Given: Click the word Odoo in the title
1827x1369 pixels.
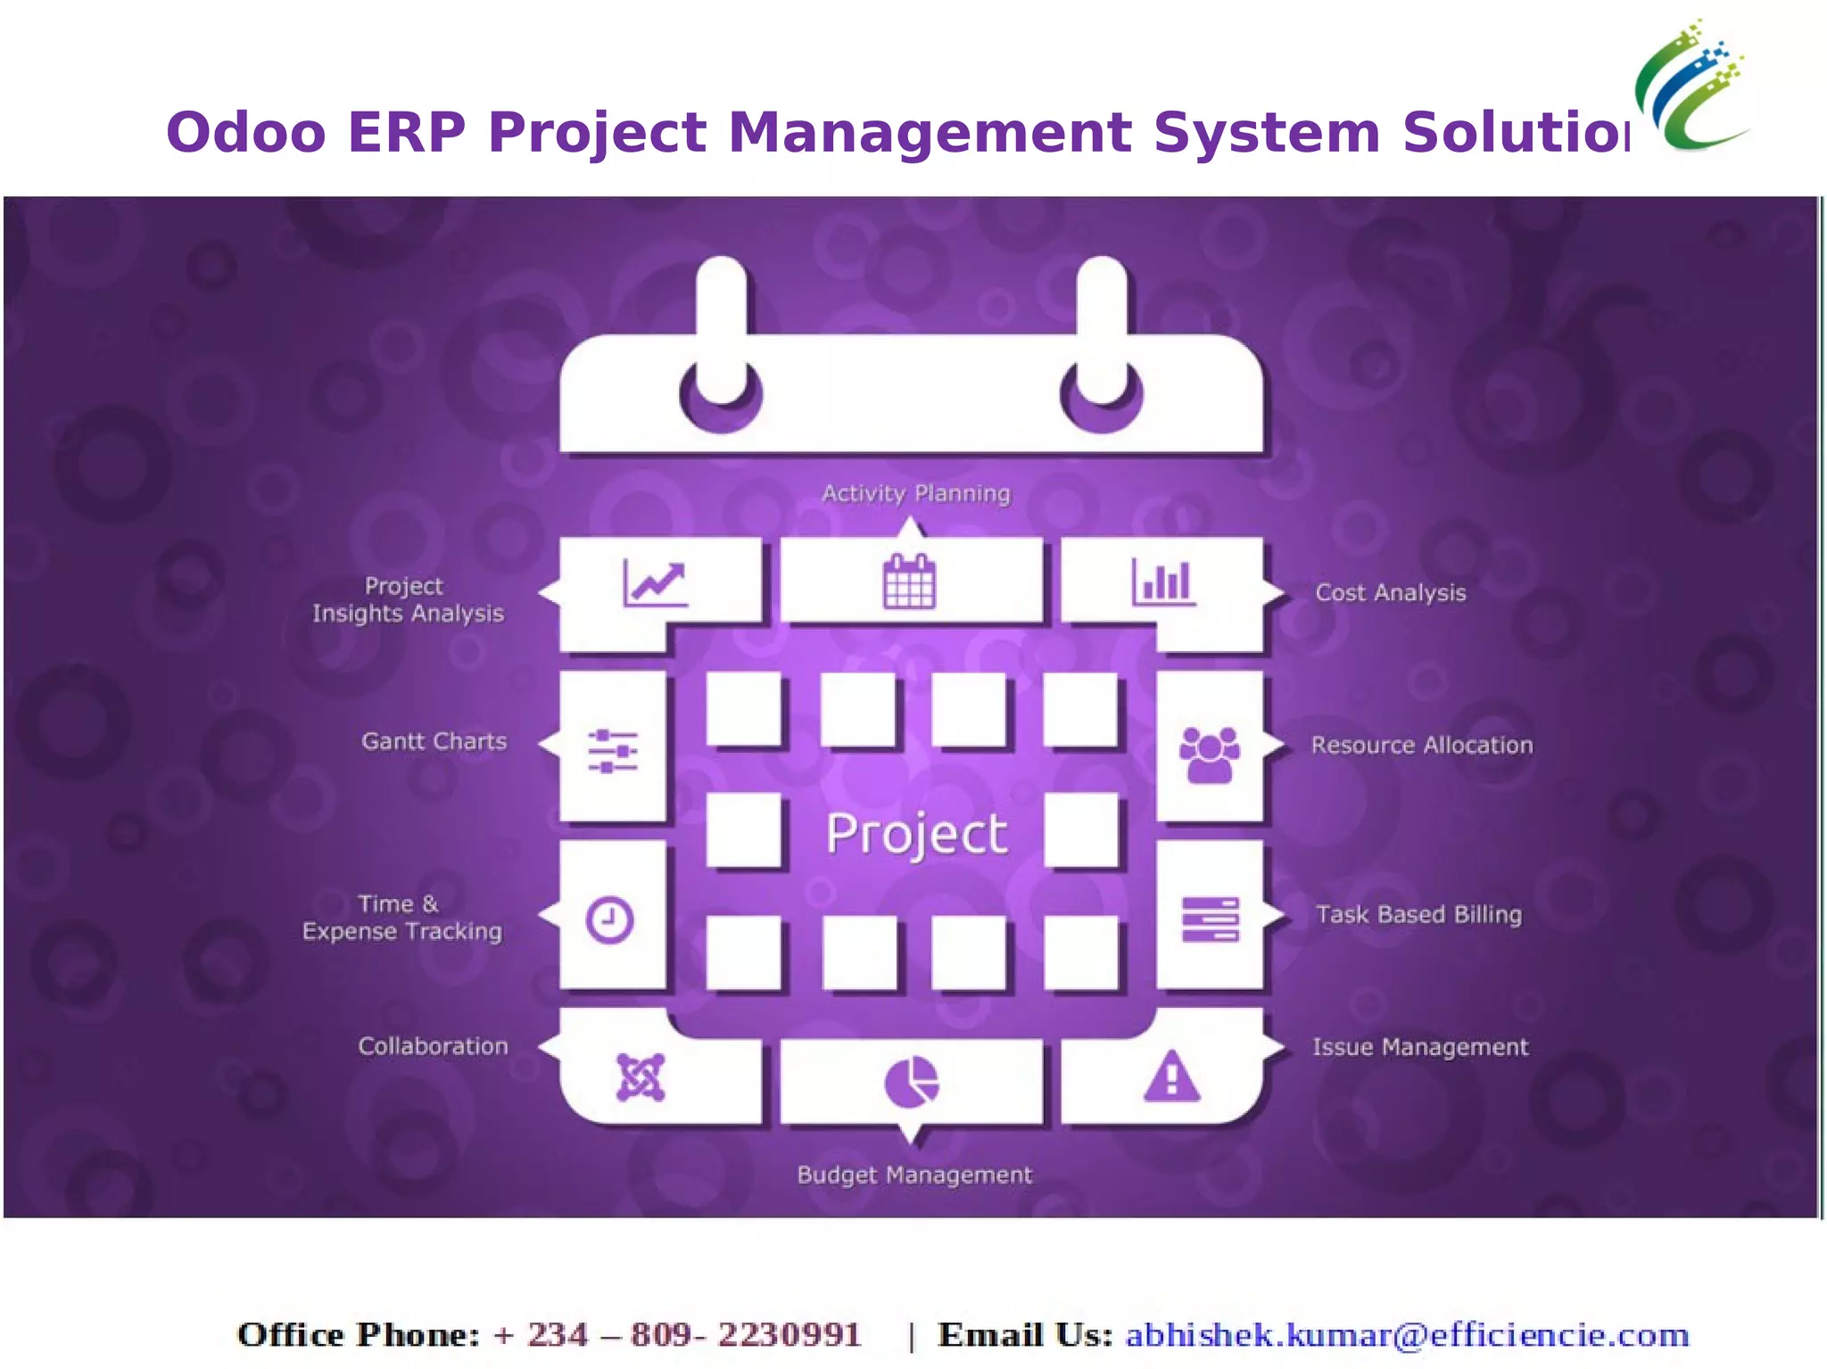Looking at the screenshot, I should (x=246, y=132).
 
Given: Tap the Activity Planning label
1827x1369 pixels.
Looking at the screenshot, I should (x=916, y=493).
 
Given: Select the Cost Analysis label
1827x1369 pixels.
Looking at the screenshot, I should (x=1390, y=593).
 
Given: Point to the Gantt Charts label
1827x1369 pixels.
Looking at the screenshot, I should (x=434, y=741).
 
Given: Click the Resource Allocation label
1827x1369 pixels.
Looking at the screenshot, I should (x=1421, y=746).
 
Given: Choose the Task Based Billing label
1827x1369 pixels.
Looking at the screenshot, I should (x=1418, y=914).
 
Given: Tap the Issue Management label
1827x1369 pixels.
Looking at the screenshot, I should (x=1419, y=1047).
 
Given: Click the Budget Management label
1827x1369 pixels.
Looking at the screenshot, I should (x=914, y=1175).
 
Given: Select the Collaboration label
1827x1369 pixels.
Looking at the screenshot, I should (x=433, y=1046).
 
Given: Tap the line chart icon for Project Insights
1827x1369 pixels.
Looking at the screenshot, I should (x=655, y=584).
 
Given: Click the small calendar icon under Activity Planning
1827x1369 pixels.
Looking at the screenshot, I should (x=909, y=581).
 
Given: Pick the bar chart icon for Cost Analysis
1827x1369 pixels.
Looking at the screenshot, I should (x=1163, y=581).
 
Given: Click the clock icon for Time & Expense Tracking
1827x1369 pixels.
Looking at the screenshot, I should (x=610, y=919).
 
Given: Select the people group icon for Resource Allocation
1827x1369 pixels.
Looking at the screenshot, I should (x=1209, y=755).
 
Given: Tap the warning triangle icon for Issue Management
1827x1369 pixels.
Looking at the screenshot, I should (x=1171, y=1076).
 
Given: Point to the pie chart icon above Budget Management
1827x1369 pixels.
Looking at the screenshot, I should (x=911, y=1082).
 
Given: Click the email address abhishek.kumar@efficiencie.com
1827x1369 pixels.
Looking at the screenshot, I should (x=1407, y=1335).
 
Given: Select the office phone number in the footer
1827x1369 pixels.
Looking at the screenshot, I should (x=677, y=1335).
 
